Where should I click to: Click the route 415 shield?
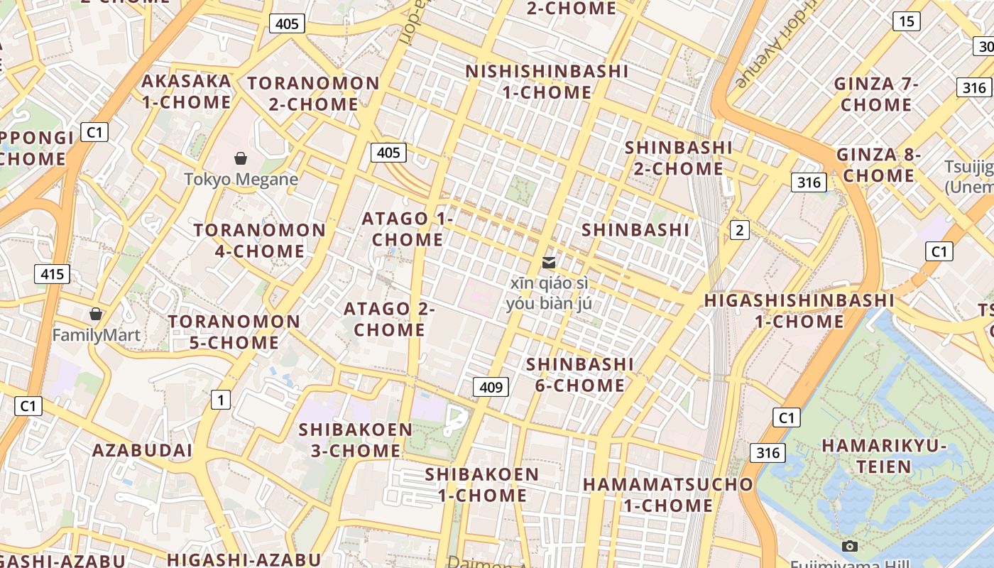53,273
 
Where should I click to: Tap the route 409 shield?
491,387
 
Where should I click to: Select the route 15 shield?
906,21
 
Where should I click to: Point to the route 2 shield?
740,229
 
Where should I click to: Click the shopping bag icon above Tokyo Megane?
241,158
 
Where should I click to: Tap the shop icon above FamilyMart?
96,313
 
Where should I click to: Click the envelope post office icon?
548,263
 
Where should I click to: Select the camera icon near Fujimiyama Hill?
849,546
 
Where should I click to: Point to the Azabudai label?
142,450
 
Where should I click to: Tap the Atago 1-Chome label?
408,229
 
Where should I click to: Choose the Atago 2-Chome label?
389,319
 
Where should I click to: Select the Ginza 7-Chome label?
877,94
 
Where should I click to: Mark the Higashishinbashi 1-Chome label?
799,311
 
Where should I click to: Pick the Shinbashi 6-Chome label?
579,375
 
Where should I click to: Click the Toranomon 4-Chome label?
260,241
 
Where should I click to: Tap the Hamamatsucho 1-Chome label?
667,495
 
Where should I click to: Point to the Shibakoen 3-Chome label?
355,440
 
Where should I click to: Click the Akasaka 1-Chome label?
186,92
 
